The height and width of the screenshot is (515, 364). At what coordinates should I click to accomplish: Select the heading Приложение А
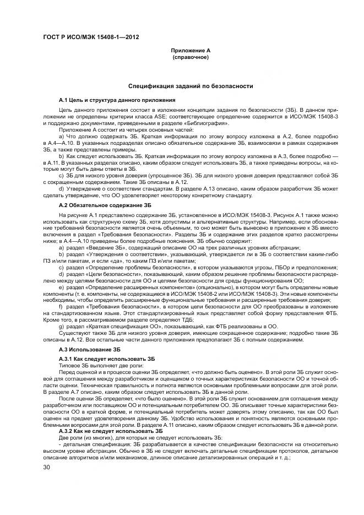[191, 51]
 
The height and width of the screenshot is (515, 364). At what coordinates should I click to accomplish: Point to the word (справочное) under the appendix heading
[191, 57]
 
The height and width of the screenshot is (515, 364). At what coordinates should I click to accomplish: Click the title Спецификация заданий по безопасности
[191, 86]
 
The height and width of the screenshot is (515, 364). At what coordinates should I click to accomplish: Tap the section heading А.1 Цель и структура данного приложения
[117, 100]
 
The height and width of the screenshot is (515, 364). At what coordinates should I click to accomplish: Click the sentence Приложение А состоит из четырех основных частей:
[114, 129]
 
